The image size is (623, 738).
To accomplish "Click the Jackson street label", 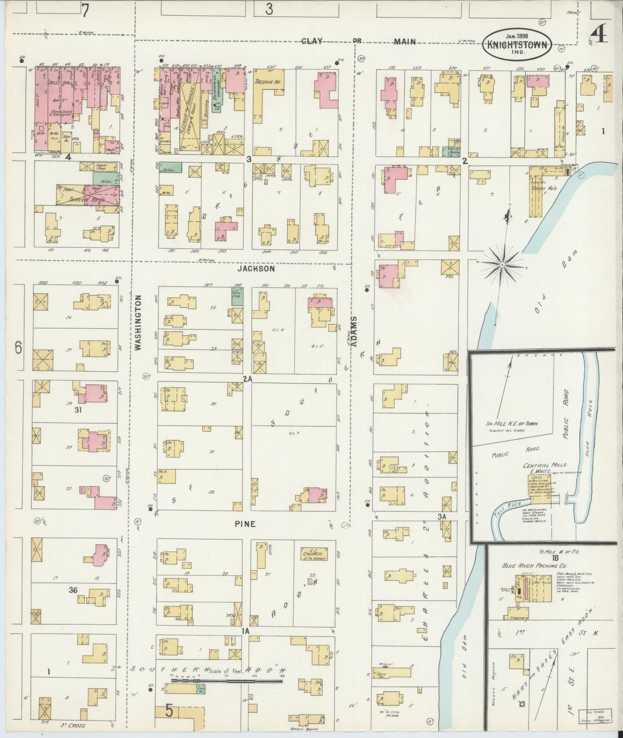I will click(x=256, y=269).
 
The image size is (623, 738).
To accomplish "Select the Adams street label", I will click(x=354, y=332).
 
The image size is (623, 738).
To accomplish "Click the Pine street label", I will click(x=245, y=524).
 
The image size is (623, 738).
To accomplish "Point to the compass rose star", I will click(x=502, y=264).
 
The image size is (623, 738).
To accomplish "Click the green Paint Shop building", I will click(x=237, y=296).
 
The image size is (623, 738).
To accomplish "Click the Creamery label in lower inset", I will click(x=518, y=618).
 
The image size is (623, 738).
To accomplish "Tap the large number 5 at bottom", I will click(x=169, y=711).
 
